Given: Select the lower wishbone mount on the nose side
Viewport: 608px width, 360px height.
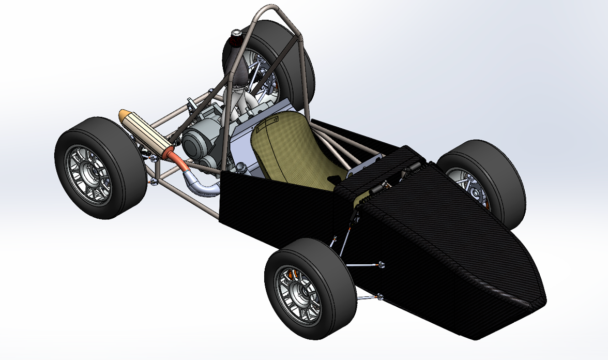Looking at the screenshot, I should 381,296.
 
